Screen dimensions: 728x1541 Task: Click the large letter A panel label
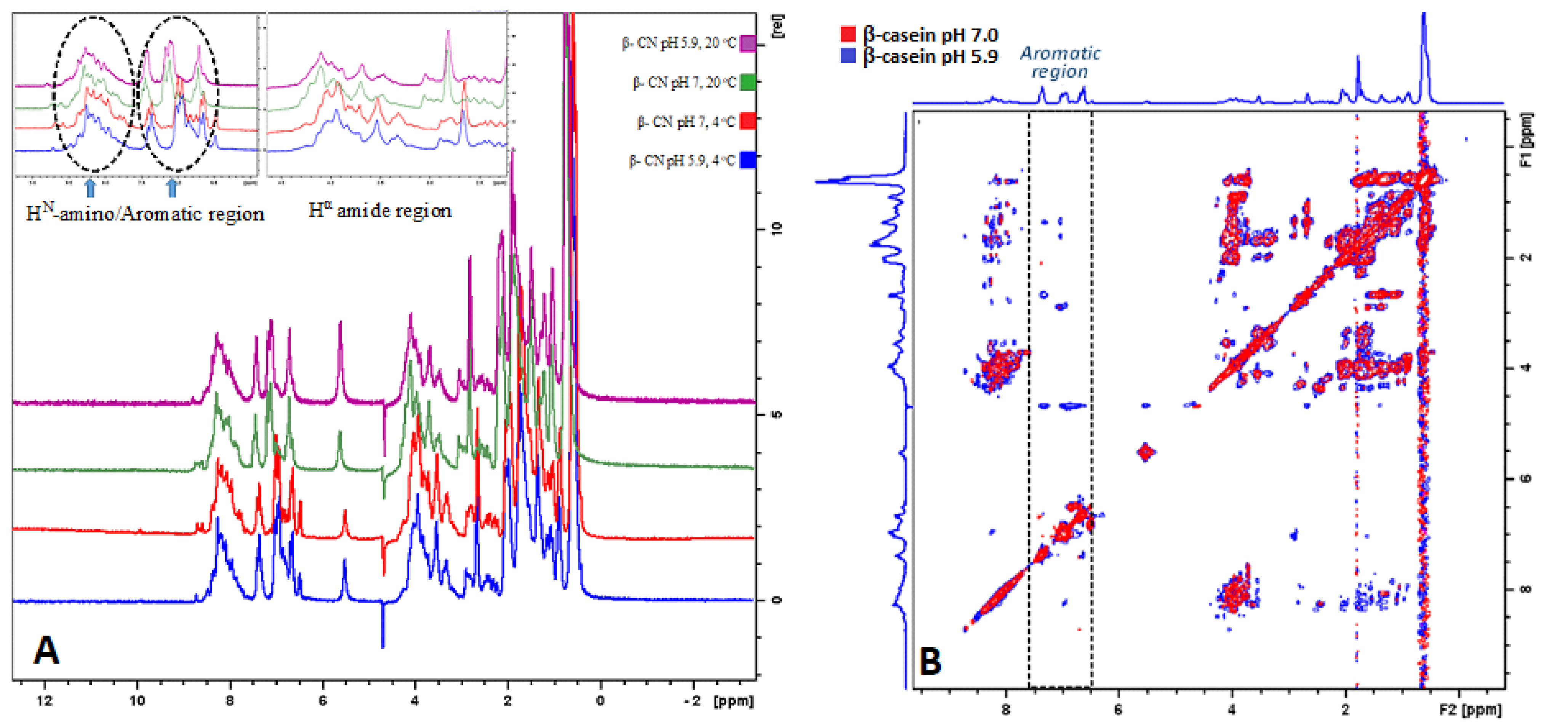pos(46,650)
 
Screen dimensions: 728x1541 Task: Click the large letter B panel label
pos(930,662)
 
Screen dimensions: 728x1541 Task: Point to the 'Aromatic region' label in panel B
pos(1059,62)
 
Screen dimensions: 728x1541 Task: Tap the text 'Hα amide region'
pos(379,211)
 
